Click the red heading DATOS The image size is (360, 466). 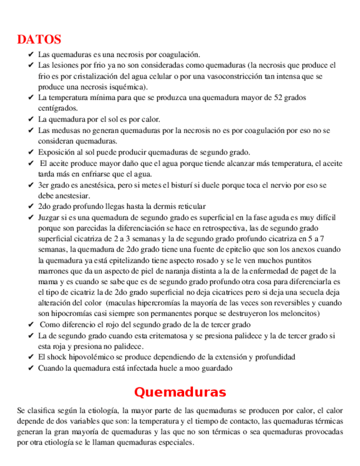(39, 40)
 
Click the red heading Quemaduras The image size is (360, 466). (180, 392)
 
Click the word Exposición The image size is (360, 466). (57, 152)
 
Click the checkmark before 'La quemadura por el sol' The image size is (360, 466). (30, 119)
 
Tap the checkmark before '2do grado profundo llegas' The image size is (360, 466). (30, 207)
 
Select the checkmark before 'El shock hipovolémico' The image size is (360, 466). (30, 357)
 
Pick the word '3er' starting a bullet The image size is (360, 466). (44, 185)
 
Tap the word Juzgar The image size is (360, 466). (50, 218)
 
